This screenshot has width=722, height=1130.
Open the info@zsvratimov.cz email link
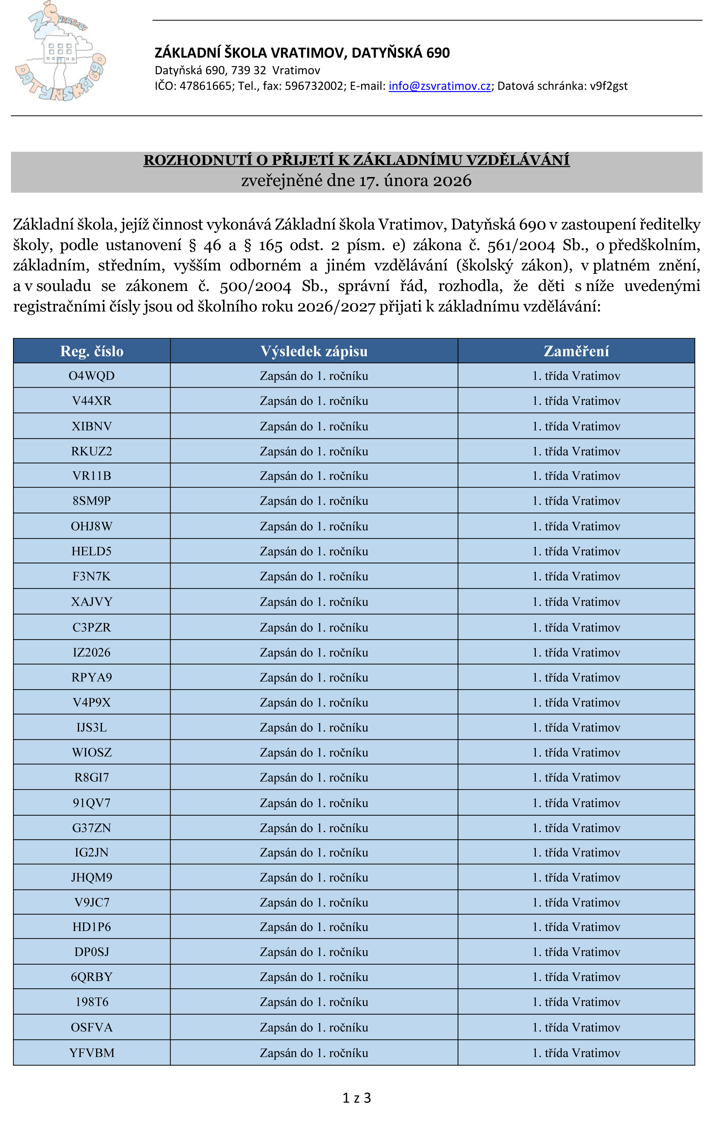click(x=440, y=86)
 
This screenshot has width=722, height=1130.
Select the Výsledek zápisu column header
click(x=314, y=351)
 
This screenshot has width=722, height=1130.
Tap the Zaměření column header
click(x=576, y=351)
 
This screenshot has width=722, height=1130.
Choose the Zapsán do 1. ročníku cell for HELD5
click(x=314, y=551)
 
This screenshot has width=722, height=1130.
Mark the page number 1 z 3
click(x=356, y=1098)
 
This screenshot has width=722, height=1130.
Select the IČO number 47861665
click(x=205, y=86)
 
